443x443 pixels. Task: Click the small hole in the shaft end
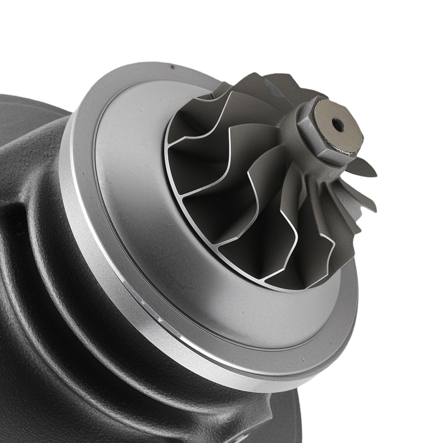tap(338, 125)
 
